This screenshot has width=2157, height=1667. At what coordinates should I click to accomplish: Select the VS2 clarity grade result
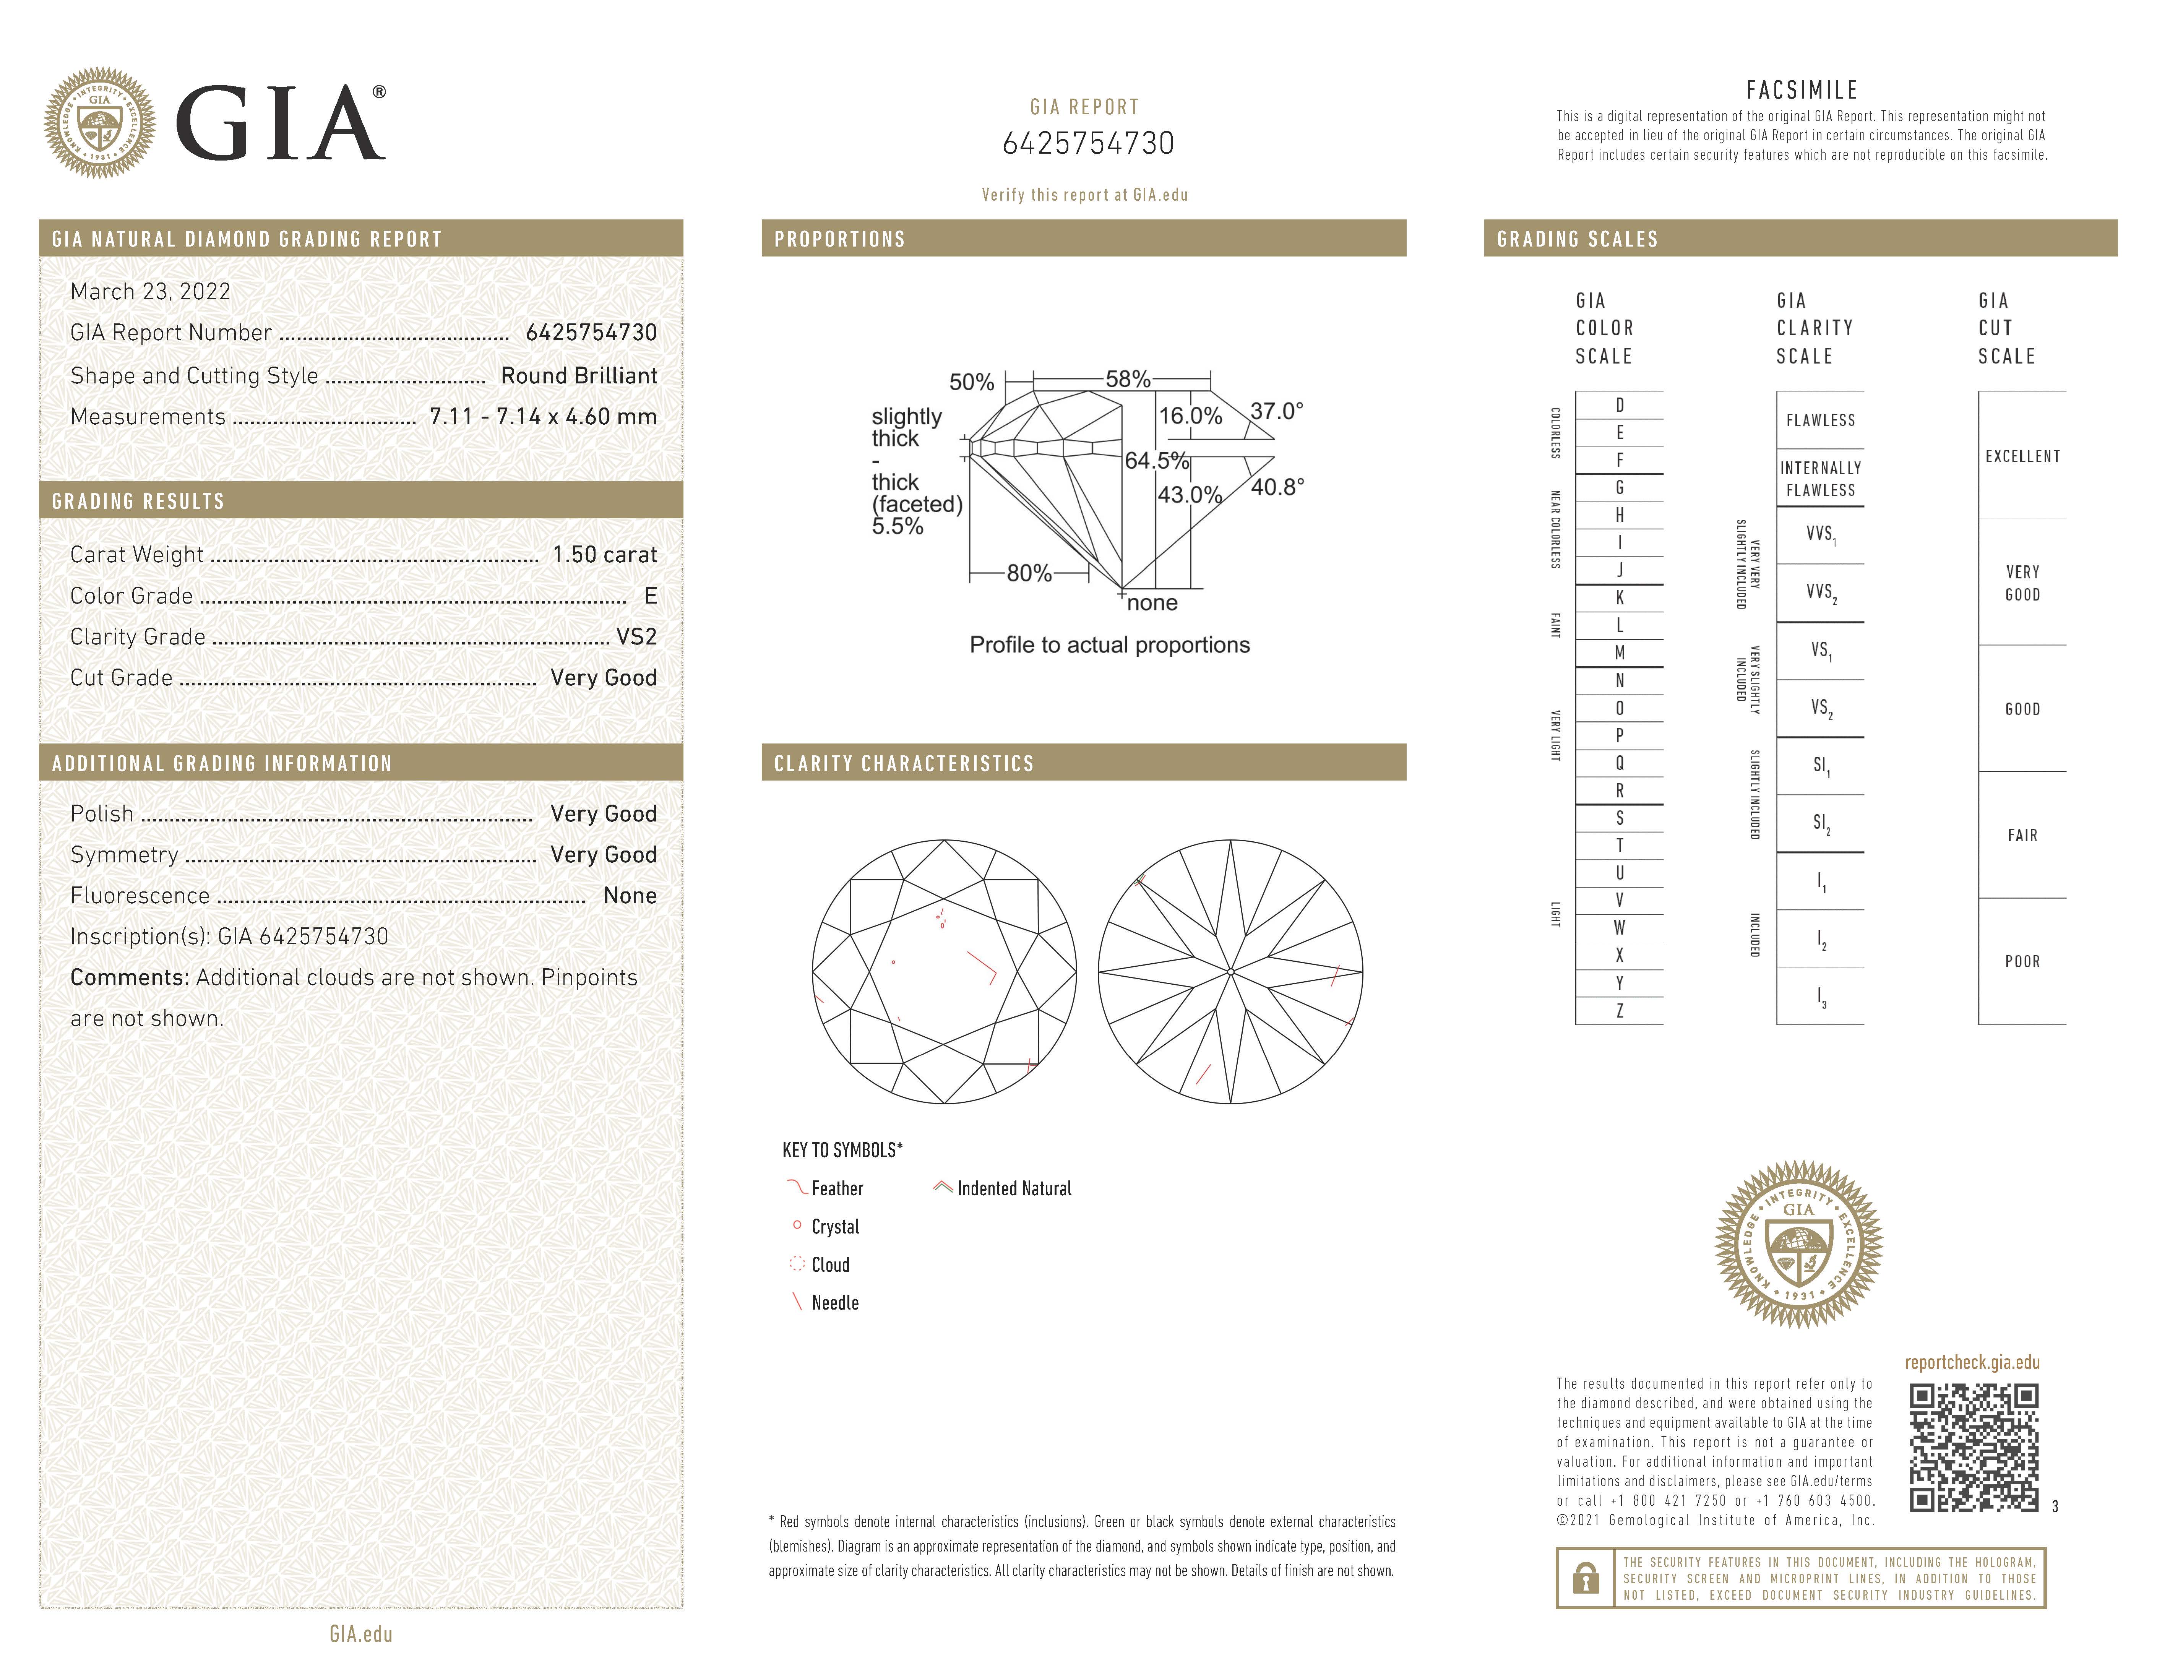pos(636,637)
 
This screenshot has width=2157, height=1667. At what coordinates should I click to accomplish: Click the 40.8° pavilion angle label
pos(1277,487)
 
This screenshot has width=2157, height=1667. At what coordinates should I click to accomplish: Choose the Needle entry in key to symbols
pos(834,1303)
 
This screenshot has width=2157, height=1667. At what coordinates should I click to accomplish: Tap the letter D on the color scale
pos(1620,405)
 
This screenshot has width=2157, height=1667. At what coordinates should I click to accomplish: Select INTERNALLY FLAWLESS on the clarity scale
pos(1820,479)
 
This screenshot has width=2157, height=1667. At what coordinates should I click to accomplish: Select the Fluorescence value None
pos(629,896)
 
